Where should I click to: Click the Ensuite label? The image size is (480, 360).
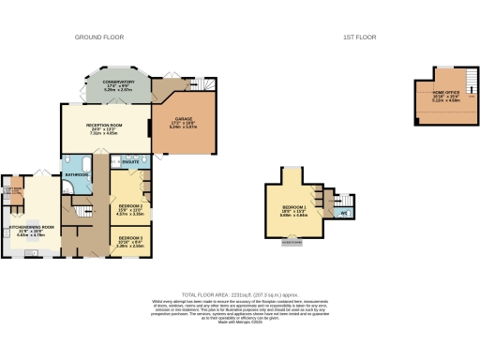coord(130,163)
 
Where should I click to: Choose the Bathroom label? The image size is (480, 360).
coord(75,173)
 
